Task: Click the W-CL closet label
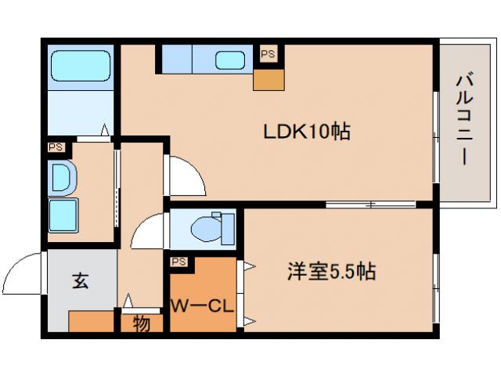(x=202, y=305)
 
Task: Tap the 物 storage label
(x=141, y=324)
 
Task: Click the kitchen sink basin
(x=229, y=60)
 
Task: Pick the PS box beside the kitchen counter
(x=268, y=54)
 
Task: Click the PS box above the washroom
(x=56, y=146)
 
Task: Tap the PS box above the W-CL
(x=178, y=262)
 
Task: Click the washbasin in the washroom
(x=62, y=178)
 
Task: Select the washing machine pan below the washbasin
(x=63, y=214)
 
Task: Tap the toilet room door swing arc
(x=149, y=233)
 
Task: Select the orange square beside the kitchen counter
(x=268, y=78)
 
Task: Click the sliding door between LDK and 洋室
(x=369, y=204)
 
